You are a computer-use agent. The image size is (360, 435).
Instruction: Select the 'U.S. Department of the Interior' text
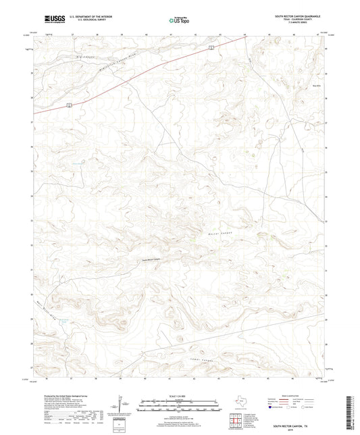86,17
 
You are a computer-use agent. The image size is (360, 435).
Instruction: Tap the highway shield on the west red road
70,104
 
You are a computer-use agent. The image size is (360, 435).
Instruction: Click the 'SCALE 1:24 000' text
180,395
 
